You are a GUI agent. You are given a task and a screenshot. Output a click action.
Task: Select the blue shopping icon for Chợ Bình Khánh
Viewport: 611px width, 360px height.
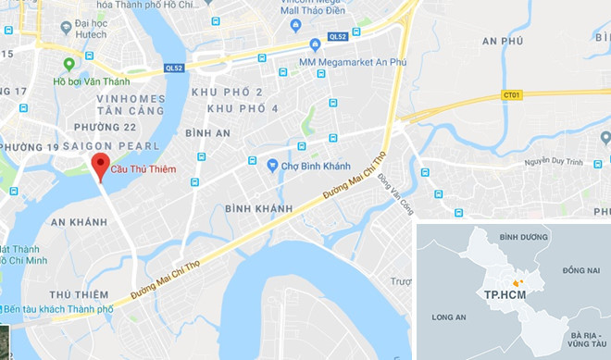tap(272, 166)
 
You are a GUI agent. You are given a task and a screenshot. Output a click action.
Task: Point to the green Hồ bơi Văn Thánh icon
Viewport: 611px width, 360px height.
tap(68, 64)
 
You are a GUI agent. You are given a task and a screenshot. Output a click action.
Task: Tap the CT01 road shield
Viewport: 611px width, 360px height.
tap(512, 94)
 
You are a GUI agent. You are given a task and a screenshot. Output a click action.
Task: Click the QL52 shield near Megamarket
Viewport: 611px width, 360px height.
tap(338, 37)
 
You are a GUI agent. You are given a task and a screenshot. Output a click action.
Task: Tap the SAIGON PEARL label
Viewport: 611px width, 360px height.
tap(120, 147)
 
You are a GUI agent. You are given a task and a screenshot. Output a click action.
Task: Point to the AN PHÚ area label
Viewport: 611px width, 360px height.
tap(505, 43)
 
